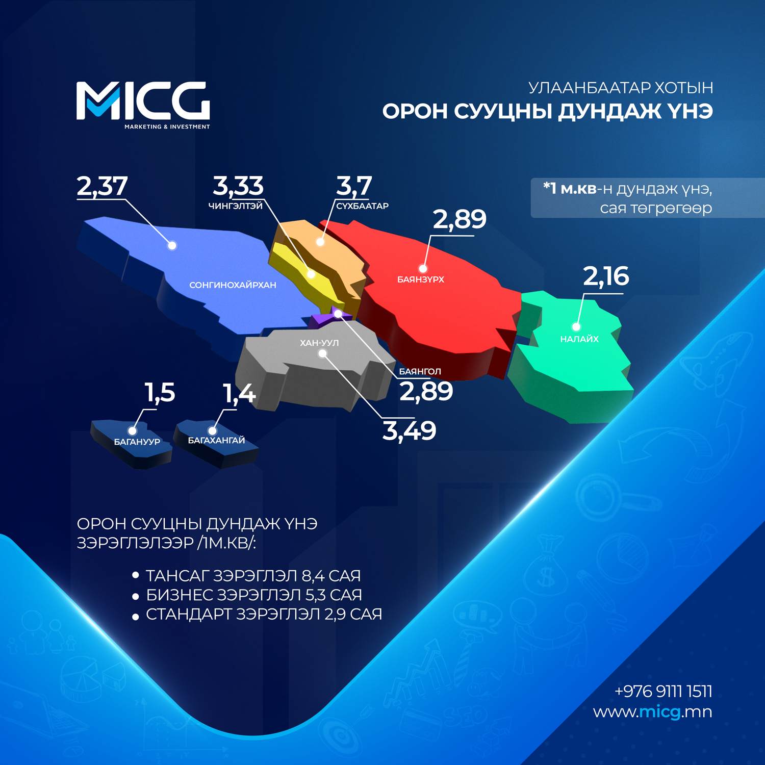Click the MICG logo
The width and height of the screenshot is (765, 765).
[x=143, y=105]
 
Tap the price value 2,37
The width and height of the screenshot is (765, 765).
[x=102, y=186]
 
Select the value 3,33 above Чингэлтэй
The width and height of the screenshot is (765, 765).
[x=238, y=186]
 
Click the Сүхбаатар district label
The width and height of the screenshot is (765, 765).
[x=362, y=206]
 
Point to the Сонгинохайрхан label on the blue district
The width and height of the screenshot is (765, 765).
[x=233, y=285]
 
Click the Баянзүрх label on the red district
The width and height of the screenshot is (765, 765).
[x=421, y=279]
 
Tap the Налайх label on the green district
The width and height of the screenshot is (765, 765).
[x=579, y=339]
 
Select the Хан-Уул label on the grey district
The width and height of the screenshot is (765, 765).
[x=319, y=343]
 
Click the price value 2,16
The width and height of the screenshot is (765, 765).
[x=606, y=276]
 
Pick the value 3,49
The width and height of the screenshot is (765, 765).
[x=410, y=431]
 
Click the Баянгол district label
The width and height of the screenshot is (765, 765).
[x=420, y=371]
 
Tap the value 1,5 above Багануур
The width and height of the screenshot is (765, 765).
[x=160, y=393]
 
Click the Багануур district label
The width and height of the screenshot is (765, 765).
[x=137, y=442]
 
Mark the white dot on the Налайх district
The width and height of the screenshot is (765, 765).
[x=576, y=327]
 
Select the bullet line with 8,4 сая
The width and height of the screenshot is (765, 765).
[x=246, y=576]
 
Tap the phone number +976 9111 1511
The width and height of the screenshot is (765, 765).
[x=663, y=692]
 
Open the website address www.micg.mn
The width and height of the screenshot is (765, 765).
[x=652, y=712]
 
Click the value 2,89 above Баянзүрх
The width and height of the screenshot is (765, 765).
[x=460, y=220]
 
